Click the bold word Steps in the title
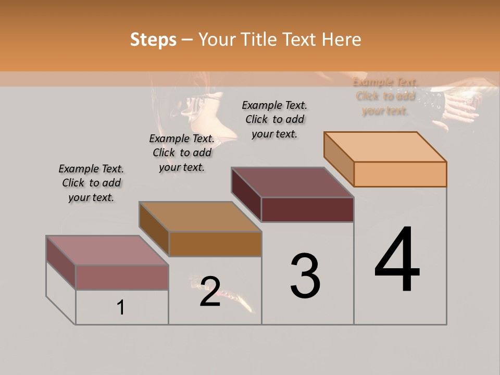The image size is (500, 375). coord(153,40)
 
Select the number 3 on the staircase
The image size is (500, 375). coord(305,276)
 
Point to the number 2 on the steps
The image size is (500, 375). coord(210,292)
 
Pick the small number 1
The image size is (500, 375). coord(121,308)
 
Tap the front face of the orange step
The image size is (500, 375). coord(400,174)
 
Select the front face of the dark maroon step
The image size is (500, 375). coord(307,209)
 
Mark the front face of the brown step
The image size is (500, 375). coord(215,244)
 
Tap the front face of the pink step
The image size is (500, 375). coord(122,277)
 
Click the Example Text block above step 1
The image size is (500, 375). coord(91,183)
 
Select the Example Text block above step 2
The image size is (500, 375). coord(182,153)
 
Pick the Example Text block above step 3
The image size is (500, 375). coord(274,119)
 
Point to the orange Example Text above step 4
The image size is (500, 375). coord(385,96)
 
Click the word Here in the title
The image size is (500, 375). coord(342,40)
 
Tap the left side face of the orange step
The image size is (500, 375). coord(339,158)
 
